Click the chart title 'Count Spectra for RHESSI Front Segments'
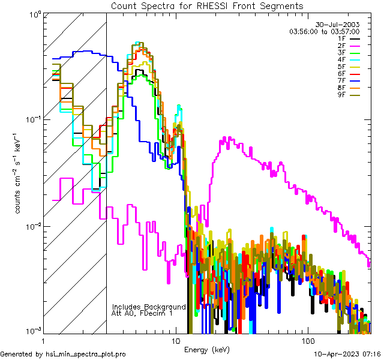click(207, 5)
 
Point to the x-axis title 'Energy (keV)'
click(207, 349)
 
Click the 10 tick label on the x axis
click(175, 340)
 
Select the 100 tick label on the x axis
click(307, 340)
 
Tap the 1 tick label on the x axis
click(43, 340)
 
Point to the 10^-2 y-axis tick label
click(32, 227)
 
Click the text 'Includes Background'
click(149, 307)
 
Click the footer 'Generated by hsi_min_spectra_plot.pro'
click(63, 354)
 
